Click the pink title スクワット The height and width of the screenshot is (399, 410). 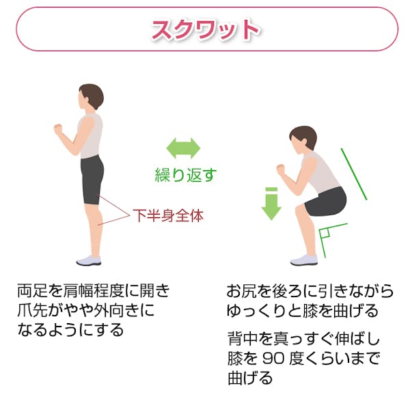pos(205,29)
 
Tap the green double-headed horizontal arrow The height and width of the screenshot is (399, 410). pos(184,148)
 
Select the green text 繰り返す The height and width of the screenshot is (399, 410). pos(184,174)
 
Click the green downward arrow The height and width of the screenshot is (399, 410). pos(271,204)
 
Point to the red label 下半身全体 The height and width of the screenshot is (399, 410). pos(167,216)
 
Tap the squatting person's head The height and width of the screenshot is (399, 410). pos(301,140)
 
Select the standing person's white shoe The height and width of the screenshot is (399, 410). pos(89,260)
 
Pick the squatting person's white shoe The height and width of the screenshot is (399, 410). pos(304,260)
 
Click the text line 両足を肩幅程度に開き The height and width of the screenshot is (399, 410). pos(93,292)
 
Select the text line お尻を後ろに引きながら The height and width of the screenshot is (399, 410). pos(310,292)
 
